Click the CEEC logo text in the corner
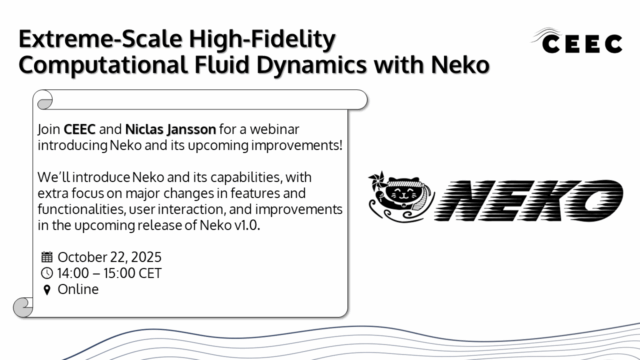[584, 42]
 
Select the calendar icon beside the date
[47, 256]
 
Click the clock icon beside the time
[47, 273]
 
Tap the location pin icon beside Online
[47, 290]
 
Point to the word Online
[79, 290]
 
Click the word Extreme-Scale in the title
[91, 40]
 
